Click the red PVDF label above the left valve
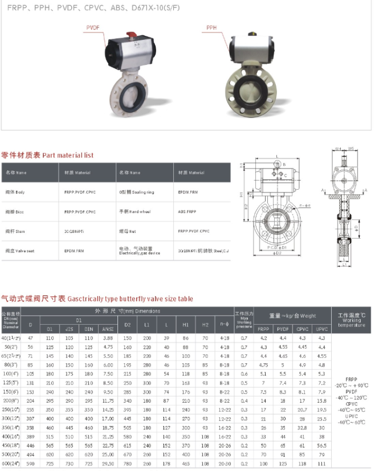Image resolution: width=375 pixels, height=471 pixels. click(x=92, y=27)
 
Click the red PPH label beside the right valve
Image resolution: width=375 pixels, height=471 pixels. click(x=211, y=27)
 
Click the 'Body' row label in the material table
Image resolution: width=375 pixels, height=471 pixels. click(x=15, y=192)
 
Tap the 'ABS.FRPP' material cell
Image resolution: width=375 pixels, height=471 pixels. click(x=186, y=211)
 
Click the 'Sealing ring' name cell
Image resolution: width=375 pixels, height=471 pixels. click(x=134, y=192)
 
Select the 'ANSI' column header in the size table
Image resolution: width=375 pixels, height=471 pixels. click(x=107, y=329)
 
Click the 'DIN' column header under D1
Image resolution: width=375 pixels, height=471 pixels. click(x=88, y=329)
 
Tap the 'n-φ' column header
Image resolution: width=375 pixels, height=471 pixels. click(x=225, y=324)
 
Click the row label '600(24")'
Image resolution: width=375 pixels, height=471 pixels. click(x=11, y=464)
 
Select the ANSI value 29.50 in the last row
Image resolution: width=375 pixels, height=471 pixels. click(x=107, y=464)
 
